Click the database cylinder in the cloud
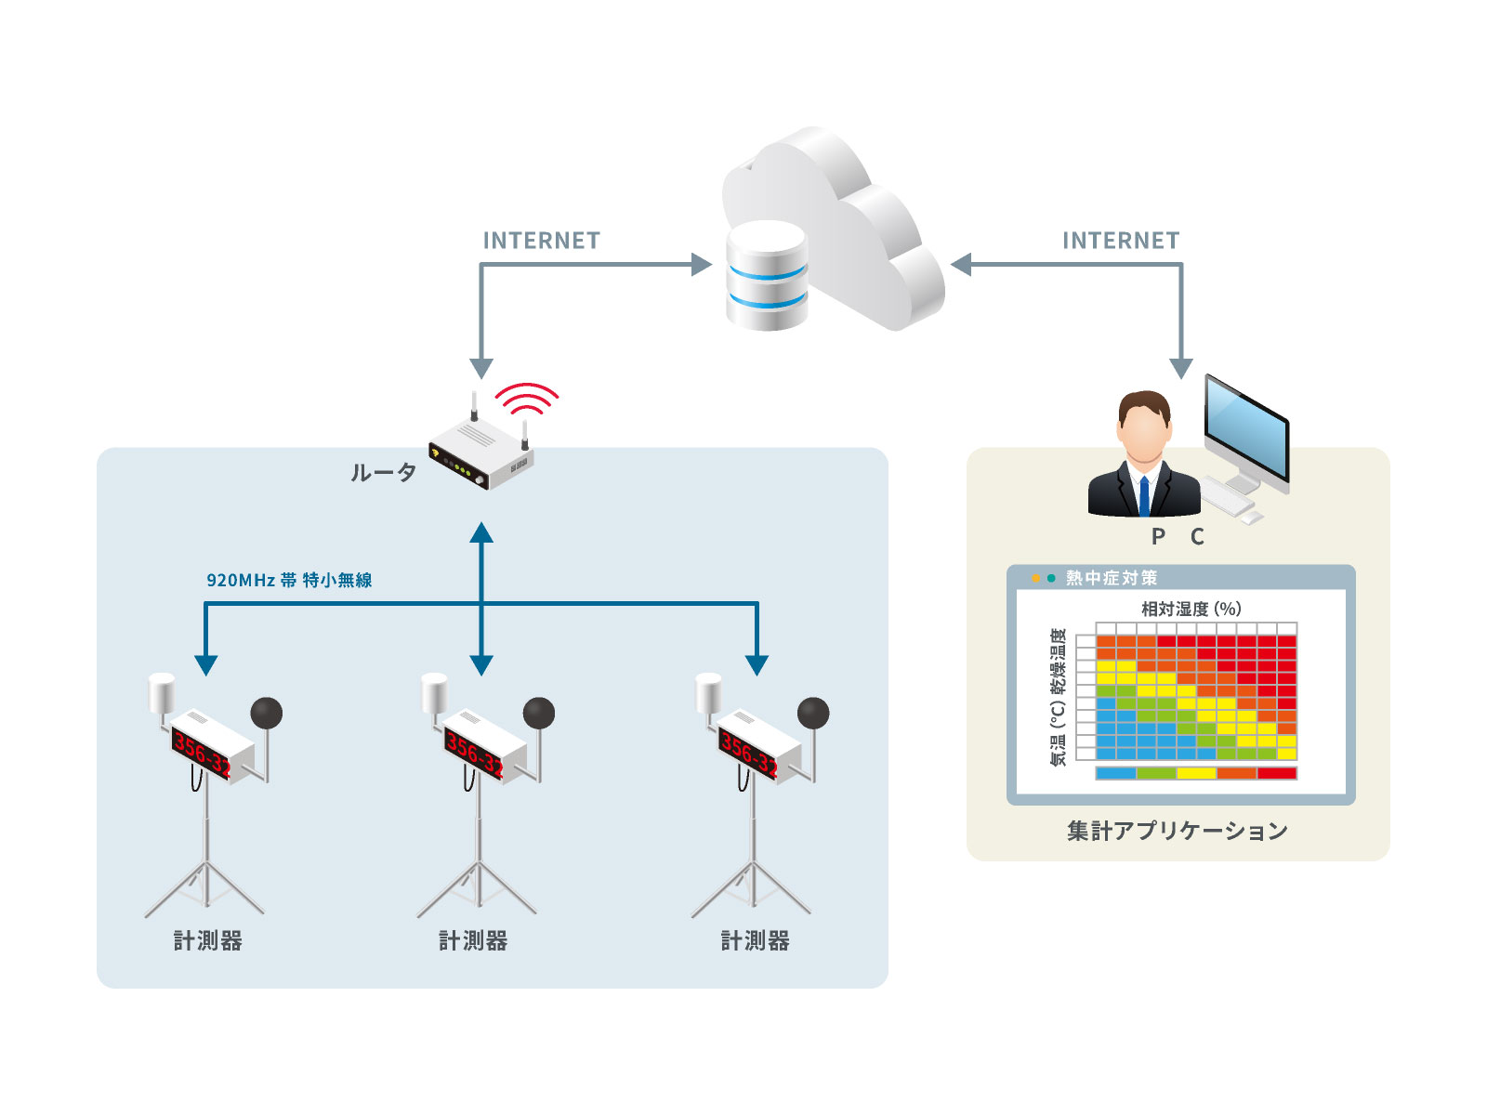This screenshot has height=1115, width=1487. click(767, 276)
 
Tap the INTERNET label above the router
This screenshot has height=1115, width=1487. click(541, 241)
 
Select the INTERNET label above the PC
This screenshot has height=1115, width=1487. click(1121, 241)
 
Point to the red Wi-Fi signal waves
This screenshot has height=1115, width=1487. click(526, 398)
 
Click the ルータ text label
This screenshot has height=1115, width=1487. click(383, 473)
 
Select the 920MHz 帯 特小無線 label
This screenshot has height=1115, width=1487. click(289, 580)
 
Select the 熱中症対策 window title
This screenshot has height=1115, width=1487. click(1112, 578)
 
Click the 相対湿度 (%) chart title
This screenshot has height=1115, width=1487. click(1191, 609)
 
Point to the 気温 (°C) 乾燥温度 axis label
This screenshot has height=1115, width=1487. click(1058, 697)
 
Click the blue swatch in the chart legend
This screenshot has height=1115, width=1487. click(1115, 773)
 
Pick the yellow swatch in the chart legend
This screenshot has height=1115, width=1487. click(1196, 773)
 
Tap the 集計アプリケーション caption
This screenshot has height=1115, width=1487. click(1178, 831)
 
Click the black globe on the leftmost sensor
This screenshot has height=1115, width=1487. click(267, 714)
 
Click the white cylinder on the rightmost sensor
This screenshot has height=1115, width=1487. click(709, 693)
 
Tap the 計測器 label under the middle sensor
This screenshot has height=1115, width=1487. click(473, 941)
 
